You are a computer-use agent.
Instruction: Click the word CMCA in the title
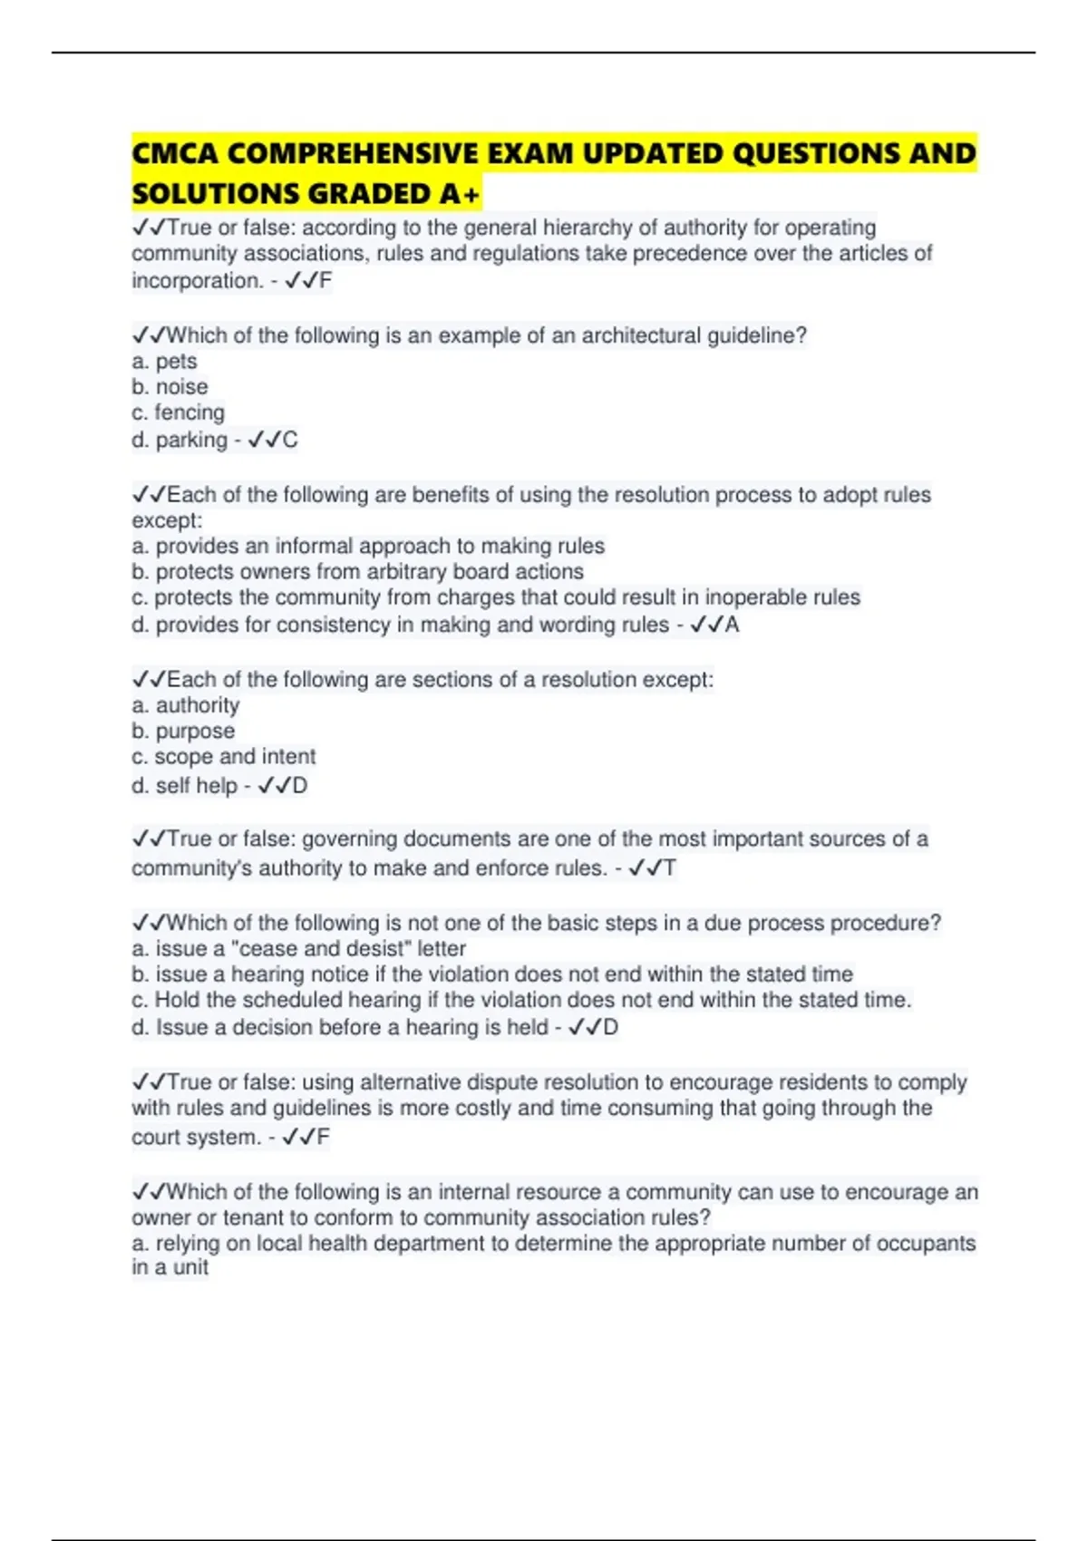[x=175, y=153]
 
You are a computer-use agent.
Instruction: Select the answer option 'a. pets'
[x=164, y=362]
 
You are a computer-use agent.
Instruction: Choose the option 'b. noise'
[x=170, y=387]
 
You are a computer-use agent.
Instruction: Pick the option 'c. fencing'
[x=178, y=412]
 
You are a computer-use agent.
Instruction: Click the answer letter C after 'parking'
[x=289, y=441]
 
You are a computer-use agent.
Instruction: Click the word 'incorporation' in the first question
[x=197, y=281]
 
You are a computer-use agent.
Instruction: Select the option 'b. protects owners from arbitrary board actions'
[x=357, y=572]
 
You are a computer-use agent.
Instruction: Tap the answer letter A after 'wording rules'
[x=732, y=625]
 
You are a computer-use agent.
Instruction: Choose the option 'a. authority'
[x=185, y=705]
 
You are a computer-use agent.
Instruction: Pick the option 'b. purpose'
[x=182, y=731]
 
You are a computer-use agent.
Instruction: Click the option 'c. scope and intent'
[x=223, y=757]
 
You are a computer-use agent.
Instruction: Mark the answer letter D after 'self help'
[x=299, y=786]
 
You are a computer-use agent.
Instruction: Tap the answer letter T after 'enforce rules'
[x=669, y=868]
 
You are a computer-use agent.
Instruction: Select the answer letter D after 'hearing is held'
[x=610, y=1028]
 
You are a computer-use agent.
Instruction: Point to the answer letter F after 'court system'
[x=323, y=1138]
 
